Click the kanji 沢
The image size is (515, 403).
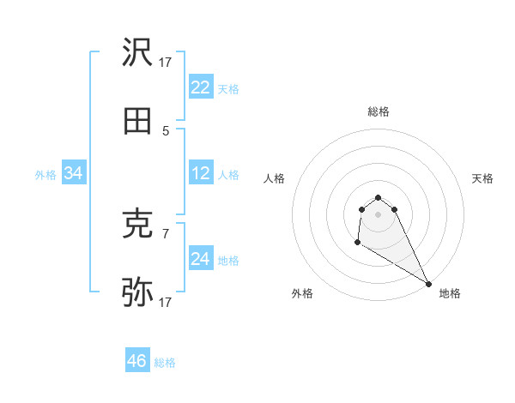click(x=138, y=53)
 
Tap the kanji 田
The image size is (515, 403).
click(x=138, y=121)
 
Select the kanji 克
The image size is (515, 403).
click(x=138, y=225)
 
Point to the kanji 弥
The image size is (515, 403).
click(x=138, y=292)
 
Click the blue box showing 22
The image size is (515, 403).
click(x=201, y=87)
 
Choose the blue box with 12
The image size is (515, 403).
click(x=201, y=173)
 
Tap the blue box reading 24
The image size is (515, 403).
click(x=201, y=259)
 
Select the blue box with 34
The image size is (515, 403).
click(x=74, y=173)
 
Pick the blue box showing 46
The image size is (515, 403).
click(x=137, y=361)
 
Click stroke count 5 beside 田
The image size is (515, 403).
click(x=166, y=130)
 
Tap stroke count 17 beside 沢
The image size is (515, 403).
click(x=166, y=62)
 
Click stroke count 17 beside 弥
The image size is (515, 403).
click(x=166, y=302)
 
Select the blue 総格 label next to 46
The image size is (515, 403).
click(x=165, y=363)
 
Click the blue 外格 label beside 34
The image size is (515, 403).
click(x=45, y=175)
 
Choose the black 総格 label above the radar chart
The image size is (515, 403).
click(x=379, y=111)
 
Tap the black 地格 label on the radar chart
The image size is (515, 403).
click(x=450, y=293)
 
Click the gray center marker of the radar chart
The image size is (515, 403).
click(x=378, y=214)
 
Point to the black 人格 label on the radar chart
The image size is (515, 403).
click(x=275, y=178)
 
